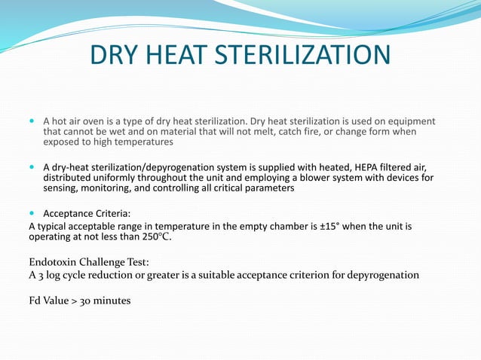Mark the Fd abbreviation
click(x=36, y=301)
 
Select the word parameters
click(x=267, y=189)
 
